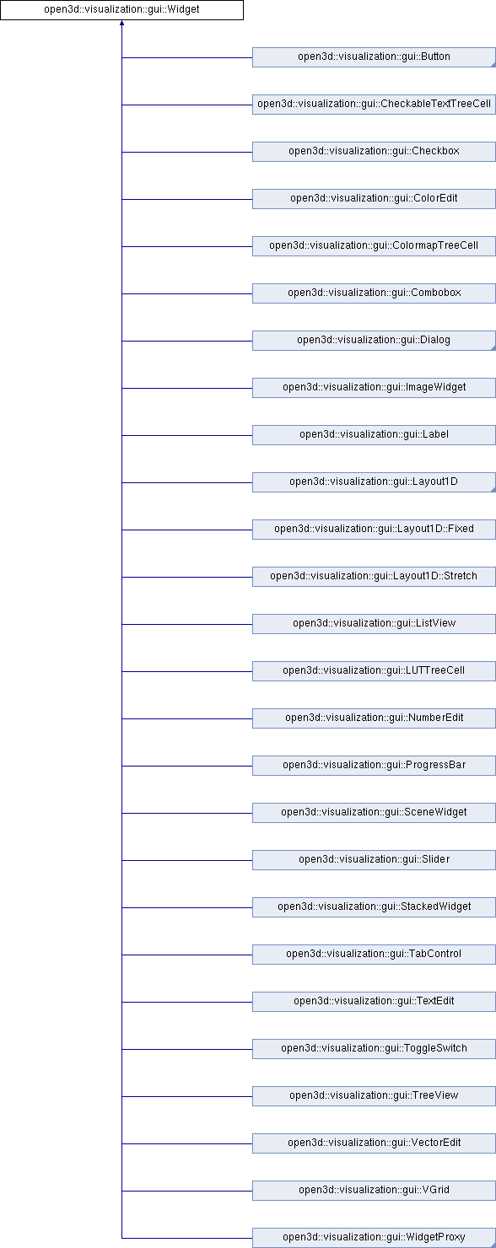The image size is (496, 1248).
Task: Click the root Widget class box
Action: click(x=121, y=10)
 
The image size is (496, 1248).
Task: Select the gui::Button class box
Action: click(x=374, y=57)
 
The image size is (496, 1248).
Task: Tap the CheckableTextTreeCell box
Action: click(x=374, y=105)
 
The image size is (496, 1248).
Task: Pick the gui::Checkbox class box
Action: click(x=374, y=152)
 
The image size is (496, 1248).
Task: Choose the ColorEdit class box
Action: click(x=374, y=199)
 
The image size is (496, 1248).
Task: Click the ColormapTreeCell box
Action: click(x=374, y=246)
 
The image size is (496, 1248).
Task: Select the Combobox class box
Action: click(x=374, y=293)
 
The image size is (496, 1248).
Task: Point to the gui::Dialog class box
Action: click(x=374, y=341)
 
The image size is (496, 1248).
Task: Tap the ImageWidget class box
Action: click(x=374, y=388)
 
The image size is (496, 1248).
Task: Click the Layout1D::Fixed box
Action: click(x=374, y=530)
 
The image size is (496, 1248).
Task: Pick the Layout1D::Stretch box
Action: click(x=374, y=577)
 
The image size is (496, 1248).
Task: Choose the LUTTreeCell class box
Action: click(x=374, y=671)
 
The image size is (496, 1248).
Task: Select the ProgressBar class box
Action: click(x=374, y=766)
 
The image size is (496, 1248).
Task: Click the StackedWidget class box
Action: click(x=374, y=907)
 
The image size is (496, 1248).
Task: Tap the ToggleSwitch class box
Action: click(x=374, y=1048)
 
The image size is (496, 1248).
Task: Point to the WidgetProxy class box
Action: click(x=374, y=1237)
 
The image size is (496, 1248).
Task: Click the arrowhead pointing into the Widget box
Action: click(x=121, y=23)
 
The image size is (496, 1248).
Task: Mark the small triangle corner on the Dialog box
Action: click(x=493, y=347)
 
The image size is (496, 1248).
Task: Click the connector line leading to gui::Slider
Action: click(x=187, y=860)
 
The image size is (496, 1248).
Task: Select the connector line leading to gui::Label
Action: click(x=187, y=435)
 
